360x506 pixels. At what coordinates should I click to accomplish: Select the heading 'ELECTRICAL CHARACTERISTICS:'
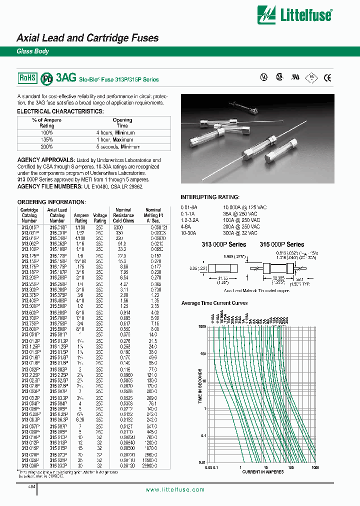[x=60, y=111]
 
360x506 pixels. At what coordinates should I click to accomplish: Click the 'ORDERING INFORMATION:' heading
[x=51, y=202]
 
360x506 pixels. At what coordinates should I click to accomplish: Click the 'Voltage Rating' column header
[x=100, y=218]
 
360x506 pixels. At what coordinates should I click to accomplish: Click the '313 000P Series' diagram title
[x=223, y=244]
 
